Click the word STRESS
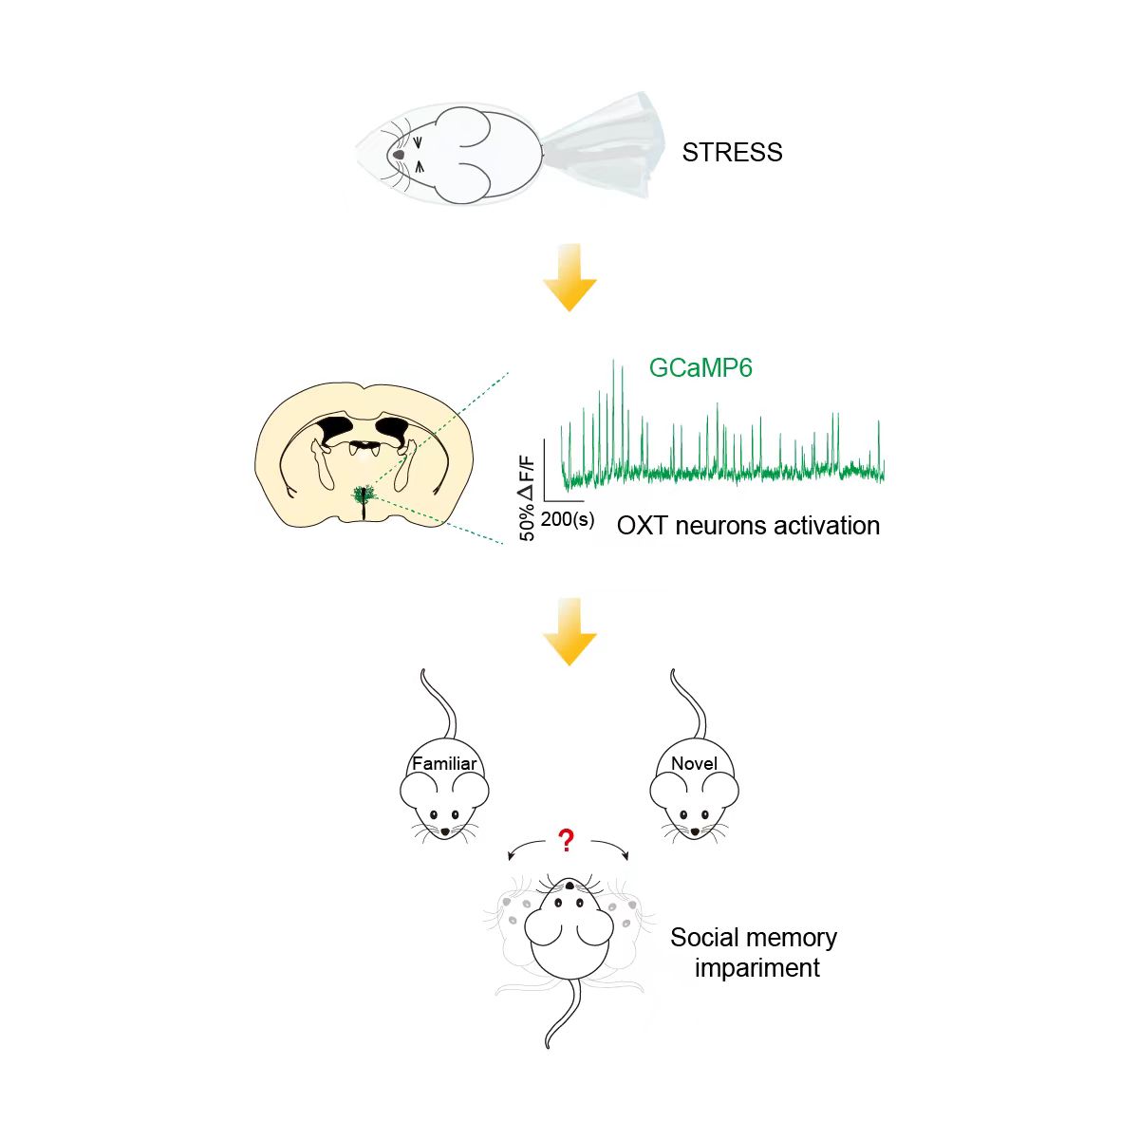pos(732,153)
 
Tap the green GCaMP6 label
pos(700,367)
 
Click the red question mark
pos(567,840)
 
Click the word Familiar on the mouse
pos(444,763)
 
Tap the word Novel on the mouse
pos(694,763)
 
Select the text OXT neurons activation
pos(748,526)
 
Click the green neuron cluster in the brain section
pos(362,494)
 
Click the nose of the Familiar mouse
pos(444,831)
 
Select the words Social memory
pos(754,938)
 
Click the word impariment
pos(756,968)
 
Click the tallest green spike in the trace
pos(623,380)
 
